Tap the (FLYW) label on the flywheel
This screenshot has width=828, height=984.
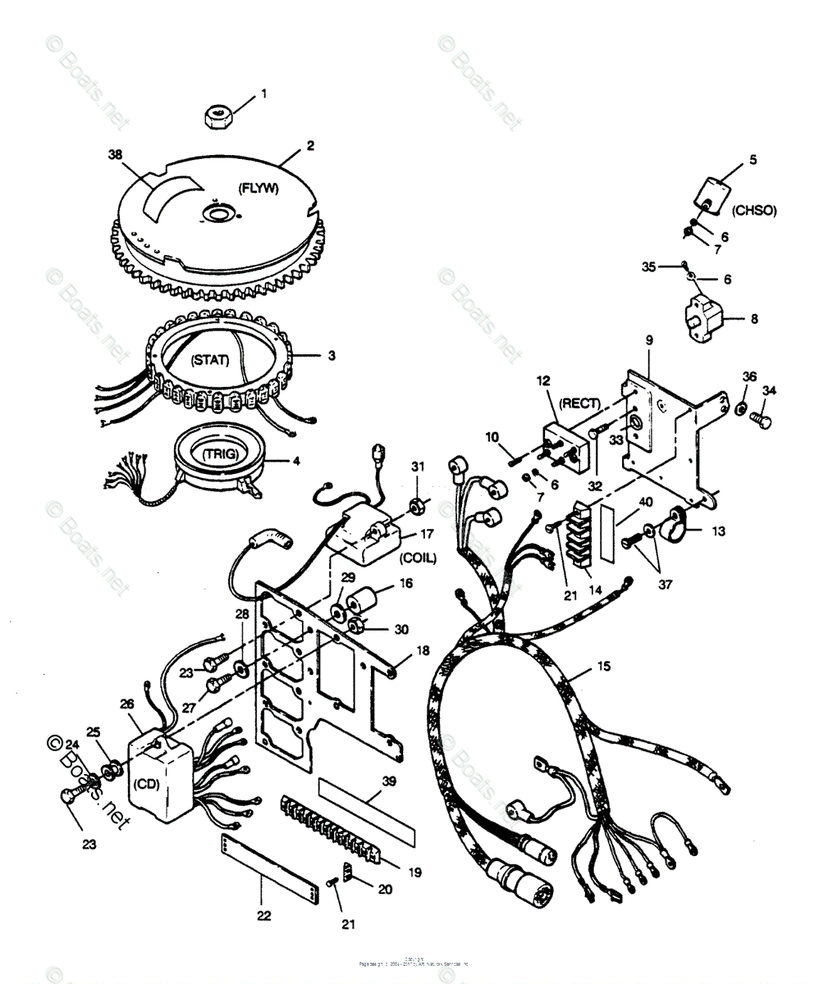pyautogui.click(x=258, y=188)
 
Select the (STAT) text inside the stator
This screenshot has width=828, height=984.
pyautogui.click(x=211, y=359)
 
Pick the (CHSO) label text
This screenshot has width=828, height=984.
pyautogui.click(x=753, y=211)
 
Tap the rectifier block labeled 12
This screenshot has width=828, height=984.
pyautogui.click(x=566, y=444)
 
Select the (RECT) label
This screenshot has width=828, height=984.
pyautogui.click(x=579, y=403)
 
